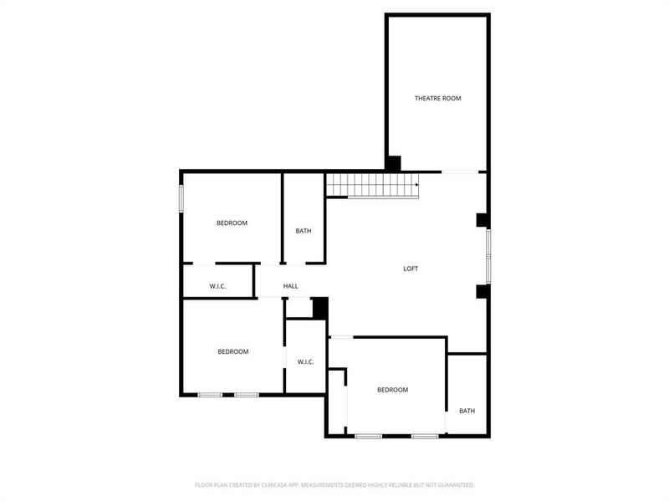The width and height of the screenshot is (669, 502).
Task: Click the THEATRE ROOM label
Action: (x=437, y=99)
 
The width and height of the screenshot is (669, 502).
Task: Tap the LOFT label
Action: (x=411, y=269)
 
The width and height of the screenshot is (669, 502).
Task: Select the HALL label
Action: (x=290, y=286)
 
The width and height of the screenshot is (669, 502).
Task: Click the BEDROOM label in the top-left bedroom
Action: (x=232, y=223)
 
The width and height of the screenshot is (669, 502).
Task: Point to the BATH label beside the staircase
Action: (x=304, y=231)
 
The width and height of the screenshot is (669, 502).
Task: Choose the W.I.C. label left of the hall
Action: (x=217, y=286)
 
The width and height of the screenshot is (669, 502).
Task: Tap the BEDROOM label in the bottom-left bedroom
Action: (x=232, y=351)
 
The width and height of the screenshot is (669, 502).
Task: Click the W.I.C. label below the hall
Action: (x=305, y=361)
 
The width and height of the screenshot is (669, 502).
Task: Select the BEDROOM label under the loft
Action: (x=392, y=390)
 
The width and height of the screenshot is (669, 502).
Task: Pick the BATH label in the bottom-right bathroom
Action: (x=467, y=411)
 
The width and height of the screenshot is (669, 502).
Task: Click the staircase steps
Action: (x=368, y=185)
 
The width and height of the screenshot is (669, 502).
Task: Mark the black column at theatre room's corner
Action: (x=393, y=163)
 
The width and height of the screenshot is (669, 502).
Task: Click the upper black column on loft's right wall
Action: (x=482, y=220)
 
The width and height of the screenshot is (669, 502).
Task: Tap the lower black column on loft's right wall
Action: (x=482, y=291)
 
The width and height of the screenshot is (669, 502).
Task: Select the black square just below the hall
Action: (x=319, y=307)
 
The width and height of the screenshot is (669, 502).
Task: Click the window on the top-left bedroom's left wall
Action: (x=181, y=198)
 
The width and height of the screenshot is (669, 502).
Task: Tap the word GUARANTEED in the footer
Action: (x=457, y=484)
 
